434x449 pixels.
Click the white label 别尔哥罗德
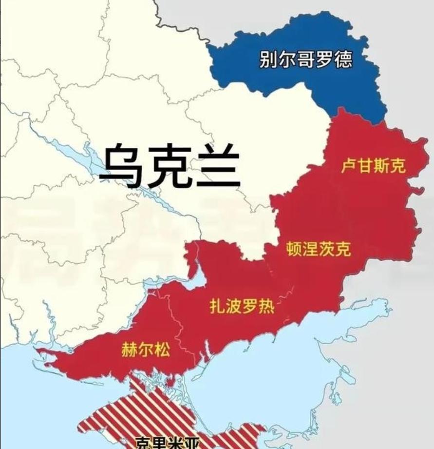(x=305, y=61)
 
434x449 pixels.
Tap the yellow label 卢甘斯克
(x=373, y=167)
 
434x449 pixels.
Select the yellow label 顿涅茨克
(x=318, y=250)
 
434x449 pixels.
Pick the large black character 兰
(x=217, y=166)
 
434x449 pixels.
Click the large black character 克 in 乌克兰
(x=170, y=166)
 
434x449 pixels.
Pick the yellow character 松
(x=162, y=350)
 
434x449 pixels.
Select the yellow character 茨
(x=326, y=250)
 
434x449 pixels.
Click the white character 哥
(x=305, y=61)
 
